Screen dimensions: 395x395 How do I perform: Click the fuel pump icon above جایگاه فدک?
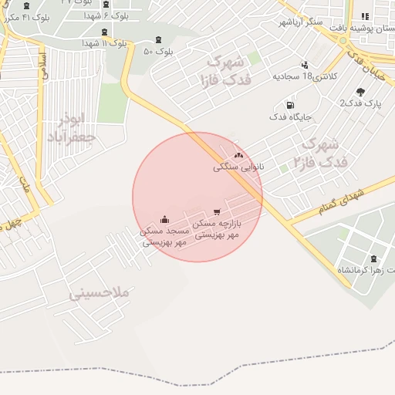[290, 105]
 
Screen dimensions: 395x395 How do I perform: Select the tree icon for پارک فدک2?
[361, 92]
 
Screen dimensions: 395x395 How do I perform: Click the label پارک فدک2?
[361, 103]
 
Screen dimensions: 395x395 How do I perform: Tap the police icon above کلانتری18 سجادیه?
[306, 65]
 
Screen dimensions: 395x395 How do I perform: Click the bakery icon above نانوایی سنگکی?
[238, 155]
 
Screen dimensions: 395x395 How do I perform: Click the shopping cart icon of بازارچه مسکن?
[217, 211]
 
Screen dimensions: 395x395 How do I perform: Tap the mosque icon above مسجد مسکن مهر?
[164, 219]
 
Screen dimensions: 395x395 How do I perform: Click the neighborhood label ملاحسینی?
[100, 293]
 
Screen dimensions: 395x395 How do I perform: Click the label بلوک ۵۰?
[158, 51]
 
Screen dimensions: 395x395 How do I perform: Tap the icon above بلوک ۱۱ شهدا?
[105, 32]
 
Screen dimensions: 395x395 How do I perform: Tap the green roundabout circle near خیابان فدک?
[343, 40]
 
